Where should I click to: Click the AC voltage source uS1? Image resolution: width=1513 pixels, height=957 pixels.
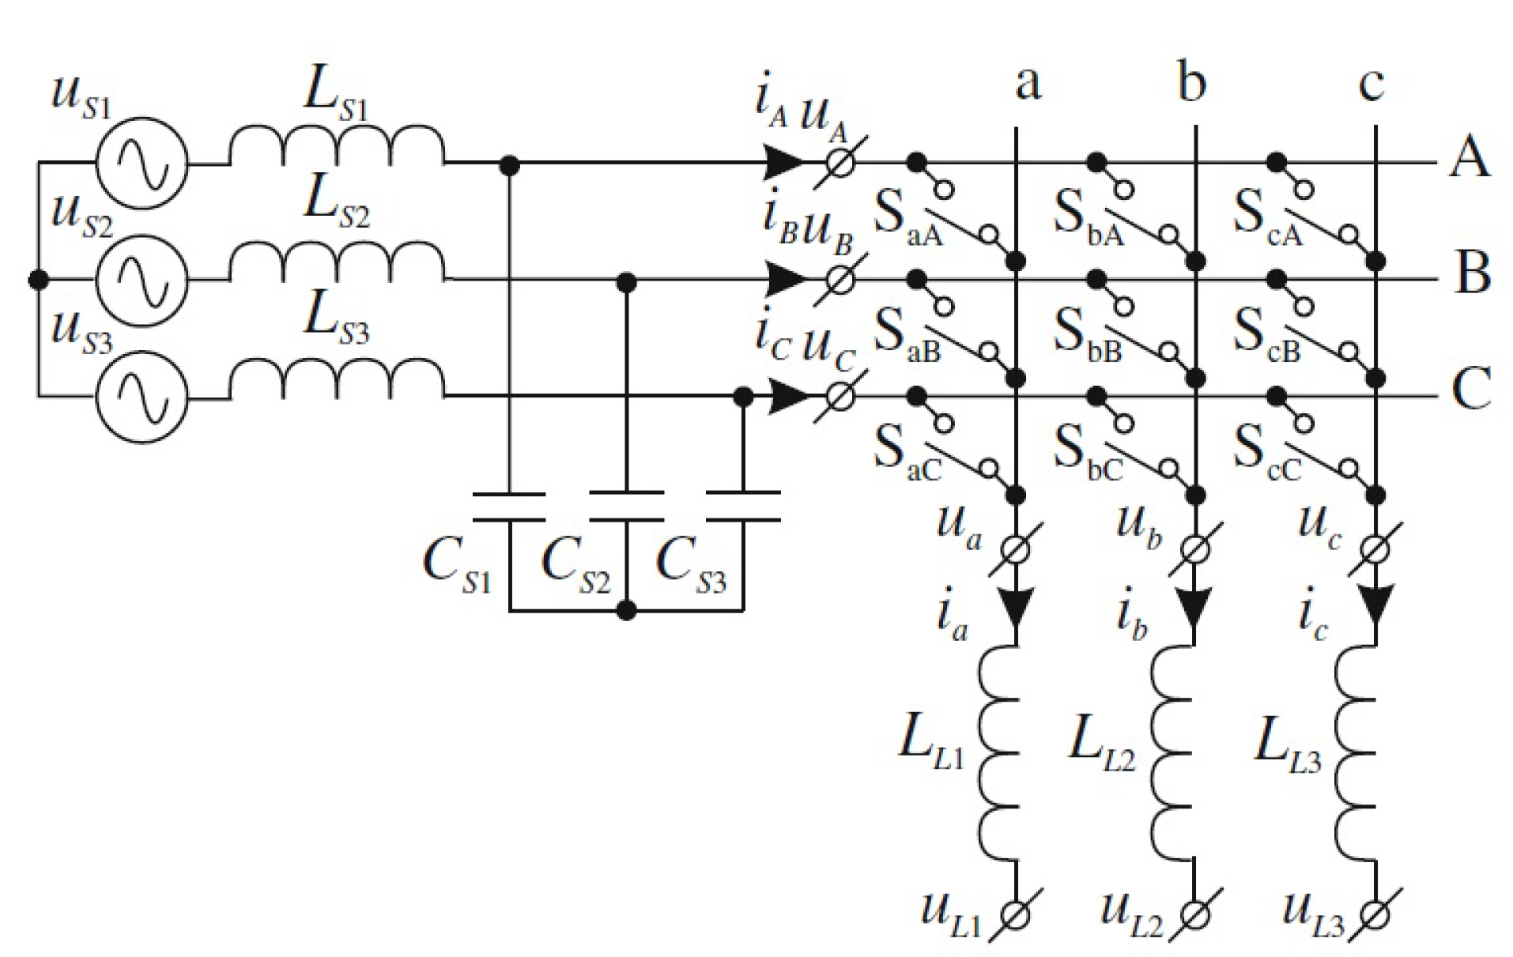pos(142,164)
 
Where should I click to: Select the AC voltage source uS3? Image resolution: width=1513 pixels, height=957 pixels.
pos(142,395)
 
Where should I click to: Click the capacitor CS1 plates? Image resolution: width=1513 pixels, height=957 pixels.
pos(509,507)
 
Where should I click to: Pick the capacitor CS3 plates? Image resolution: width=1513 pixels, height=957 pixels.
pos(742,507)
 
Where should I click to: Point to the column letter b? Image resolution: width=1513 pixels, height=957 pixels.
pos(1191,81)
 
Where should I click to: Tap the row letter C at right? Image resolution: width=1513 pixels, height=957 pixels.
pos(1471,389)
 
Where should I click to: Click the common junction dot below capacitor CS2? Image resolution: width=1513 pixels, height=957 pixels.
pos(626,610)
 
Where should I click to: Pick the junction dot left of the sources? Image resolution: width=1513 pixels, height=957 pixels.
pos(38,279)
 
